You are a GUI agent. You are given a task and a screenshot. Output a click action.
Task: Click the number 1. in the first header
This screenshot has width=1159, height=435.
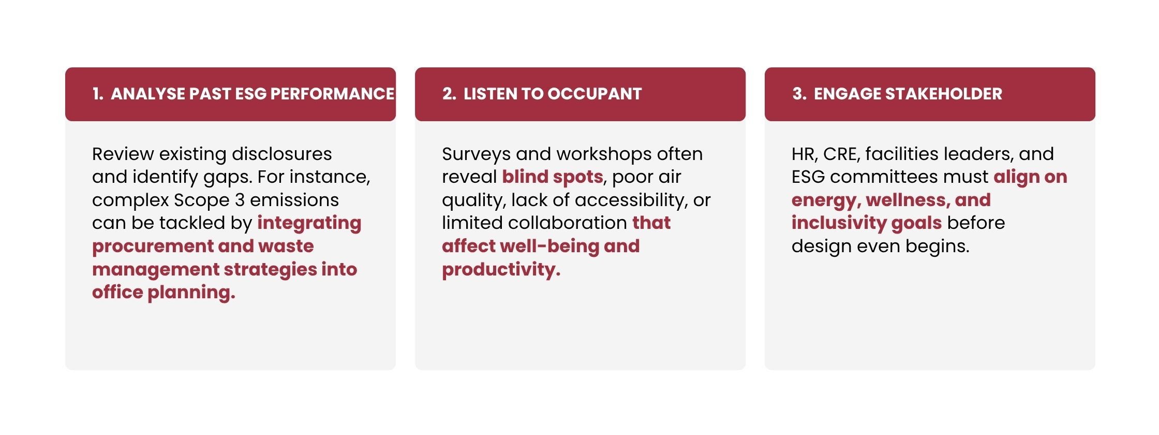(x=98, y=94)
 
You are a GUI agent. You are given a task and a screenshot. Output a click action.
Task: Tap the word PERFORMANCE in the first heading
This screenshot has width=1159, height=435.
(x=332, y=94)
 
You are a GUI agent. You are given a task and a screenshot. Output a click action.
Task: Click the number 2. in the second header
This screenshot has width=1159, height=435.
(x=449, y=94)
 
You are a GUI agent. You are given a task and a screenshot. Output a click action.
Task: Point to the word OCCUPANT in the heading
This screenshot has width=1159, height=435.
(x=595, y=94)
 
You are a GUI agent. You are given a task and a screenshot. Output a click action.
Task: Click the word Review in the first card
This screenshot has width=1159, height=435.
(x=123, y=154)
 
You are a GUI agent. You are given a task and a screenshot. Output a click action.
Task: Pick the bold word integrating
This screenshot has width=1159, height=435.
(x=309, y=224)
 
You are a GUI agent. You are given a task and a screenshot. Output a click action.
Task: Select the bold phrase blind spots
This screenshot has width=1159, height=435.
(x=553, y=178)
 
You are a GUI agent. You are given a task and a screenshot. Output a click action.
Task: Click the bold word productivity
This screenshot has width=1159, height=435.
(x=501, y=270)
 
